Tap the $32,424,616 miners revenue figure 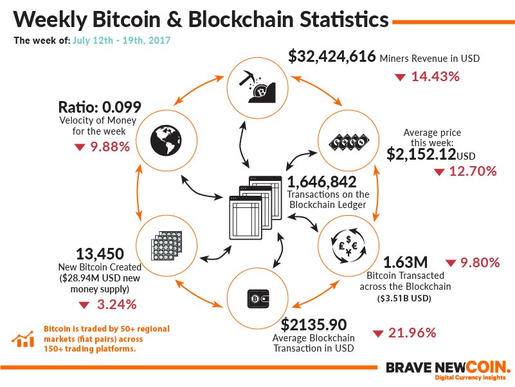click(x=332, y=57)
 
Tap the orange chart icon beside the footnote click(x=24, y=339)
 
